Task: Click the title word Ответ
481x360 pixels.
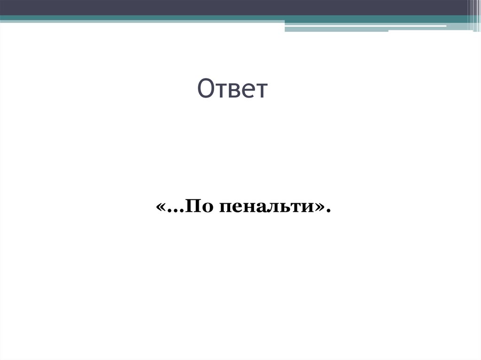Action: [232, 89]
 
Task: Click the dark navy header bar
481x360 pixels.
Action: [235, 7]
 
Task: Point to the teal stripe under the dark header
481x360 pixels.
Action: [141, 19]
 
